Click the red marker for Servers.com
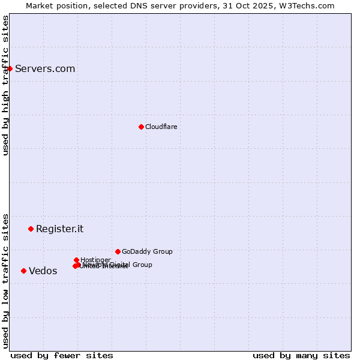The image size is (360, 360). point(10,68)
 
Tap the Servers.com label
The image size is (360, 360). point(45,68)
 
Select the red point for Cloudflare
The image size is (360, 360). point(141,127)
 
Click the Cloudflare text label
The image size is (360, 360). point(161,127)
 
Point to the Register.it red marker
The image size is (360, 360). point(31,229)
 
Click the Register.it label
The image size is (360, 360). point(59,229)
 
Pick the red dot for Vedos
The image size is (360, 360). point(23,271)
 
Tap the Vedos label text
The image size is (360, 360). point(43,271)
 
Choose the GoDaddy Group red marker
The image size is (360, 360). point(118,251)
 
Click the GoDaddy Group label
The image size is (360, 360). point(147,251)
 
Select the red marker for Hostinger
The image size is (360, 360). point(76,260)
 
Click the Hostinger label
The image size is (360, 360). point(95,260)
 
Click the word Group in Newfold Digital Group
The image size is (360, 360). point(142,265)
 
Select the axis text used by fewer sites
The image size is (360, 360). point(62,355)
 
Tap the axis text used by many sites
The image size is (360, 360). point(301,355)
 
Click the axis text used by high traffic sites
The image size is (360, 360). point(5,85)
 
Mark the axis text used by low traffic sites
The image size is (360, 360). point(5,281)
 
